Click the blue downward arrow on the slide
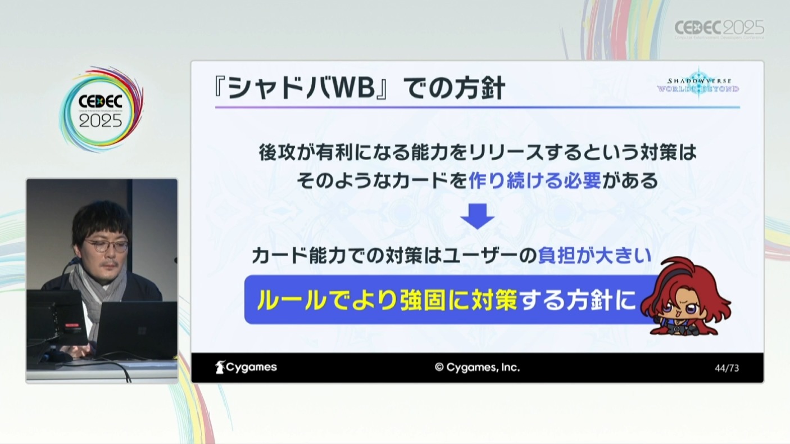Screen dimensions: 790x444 (x=478, y=216)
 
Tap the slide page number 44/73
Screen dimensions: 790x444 (x=727, y=368)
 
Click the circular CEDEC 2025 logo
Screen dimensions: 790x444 (x=101, y=110)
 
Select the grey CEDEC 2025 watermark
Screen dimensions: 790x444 (x=719, y=29)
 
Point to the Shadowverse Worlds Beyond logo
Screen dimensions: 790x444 (x=698, y=85)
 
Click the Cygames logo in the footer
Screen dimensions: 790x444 (x=246, y=367)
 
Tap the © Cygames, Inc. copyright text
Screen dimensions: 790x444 (x=478, y=368)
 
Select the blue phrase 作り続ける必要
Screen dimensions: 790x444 (x=534, y=180)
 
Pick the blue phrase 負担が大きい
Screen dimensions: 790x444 (x=594, y=255)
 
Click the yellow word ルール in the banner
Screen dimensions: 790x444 (x=291, y=300)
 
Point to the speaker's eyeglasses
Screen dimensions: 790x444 (x=106, y=246)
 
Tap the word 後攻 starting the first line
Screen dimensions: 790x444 (x=277, y=153)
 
